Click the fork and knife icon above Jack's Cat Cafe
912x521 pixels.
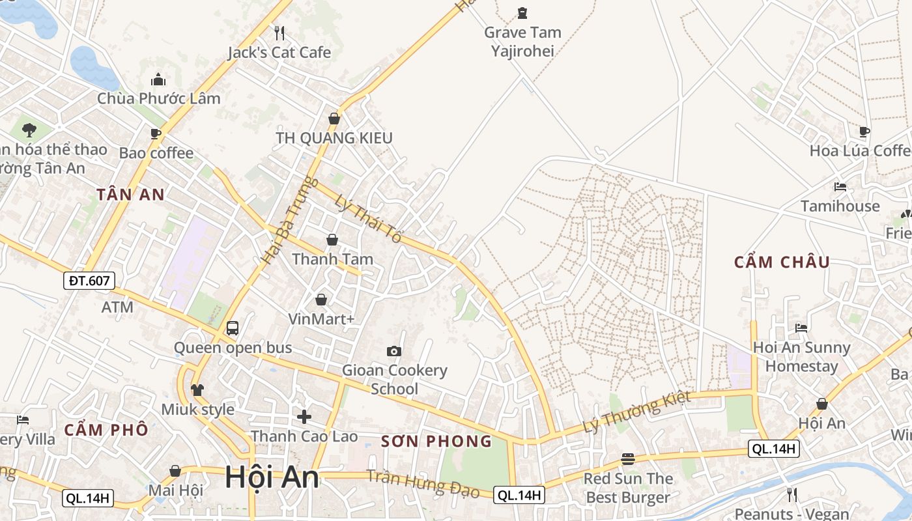coord(279,33)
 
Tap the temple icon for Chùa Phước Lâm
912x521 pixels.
coord(158,79)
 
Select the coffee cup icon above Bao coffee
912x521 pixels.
coord(156,134)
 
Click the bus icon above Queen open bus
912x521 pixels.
coord(233,328)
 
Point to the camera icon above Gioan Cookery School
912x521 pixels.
coord(393,352)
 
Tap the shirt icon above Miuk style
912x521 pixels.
coord(197,389)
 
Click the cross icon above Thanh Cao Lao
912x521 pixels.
coord(304,417)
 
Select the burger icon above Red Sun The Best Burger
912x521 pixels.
coord(628,459)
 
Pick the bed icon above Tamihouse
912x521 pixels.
coord(840,187)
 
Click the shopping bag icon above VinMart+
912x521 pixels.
coord(321,300)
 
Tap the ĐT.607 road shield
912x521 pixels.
coord(89,281)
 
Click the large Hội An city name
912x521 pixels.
coord(272,477)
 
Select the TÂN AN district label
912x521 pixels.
coord(131,194)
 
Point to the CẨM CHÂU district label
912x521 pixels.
coord(782,262)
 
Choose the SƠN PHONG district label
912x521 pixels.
coord(436,441)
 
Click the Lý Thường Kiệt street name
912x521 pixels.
coord(636,412)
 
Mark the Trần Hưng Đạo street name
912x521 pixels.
coord(423,483)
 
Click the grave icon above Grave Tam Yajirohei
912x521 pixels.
coord(522,12)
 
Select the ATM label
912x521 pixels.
coord(117,307)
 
